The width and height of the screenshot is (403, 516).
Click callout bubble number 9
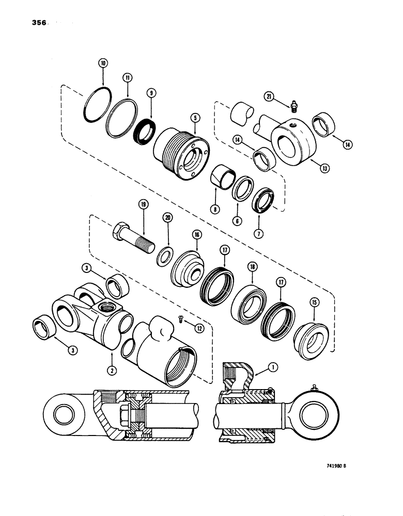coord(151,93)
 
